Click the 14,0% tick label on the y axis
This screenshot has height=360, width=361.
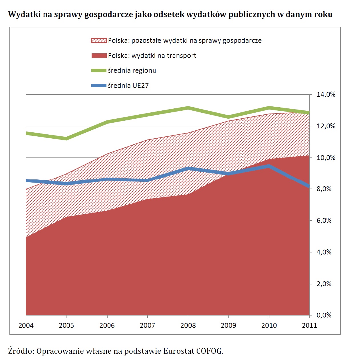pyautogui.click(x=326, y=94)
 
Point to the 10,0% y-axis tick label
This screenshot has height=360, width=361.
pyautogui.click(x=326, y=158)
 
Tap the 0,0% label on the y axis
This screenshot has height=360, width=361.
pyautogui.click(x=324, y=315)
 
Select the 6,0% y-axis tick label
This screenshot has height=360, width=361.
pyautogui.click(x=324, y=221)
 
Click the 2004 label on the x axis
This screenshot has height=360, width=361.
pyautogui.click(x=26, y=325)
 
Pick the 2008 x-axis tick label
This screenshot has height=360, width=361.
pyautogui.click(x=188, y=325)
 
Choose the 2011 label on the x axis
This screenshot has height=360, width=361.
pyautogui.click(x=309, y=325)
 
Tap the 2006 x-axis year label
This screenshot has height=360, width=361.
pyautogui.click(x=107, y=325)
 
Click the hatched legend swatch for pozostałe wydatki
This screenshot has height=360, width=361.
pyautogui.click(x=99, y=41)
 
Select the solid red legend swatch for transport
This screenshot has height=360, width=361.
pyautogui.click(x=99, y=56)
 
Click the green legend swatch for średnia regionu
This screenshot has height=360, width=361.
pyautogui.click(x=99, y=70)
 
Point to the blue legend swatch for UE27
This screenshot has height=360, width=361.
pyautogui.click(x=99, y=86)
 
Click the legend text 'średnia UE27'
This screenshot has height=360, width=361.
pyautogui.click(x=128, y=86)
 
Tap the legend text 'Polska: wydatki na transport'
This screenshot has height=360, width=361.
pyautogui.click(x=152, y=56)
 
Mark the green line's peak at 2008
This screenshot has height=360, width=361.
pyautogui.click(x=188, y=108)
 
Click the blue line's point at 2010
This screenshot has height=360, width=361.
pyautogui.click(x=269, y=166)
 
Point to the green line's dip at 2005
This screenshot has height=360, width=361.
pyautogui.click(x=66, y=139)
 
